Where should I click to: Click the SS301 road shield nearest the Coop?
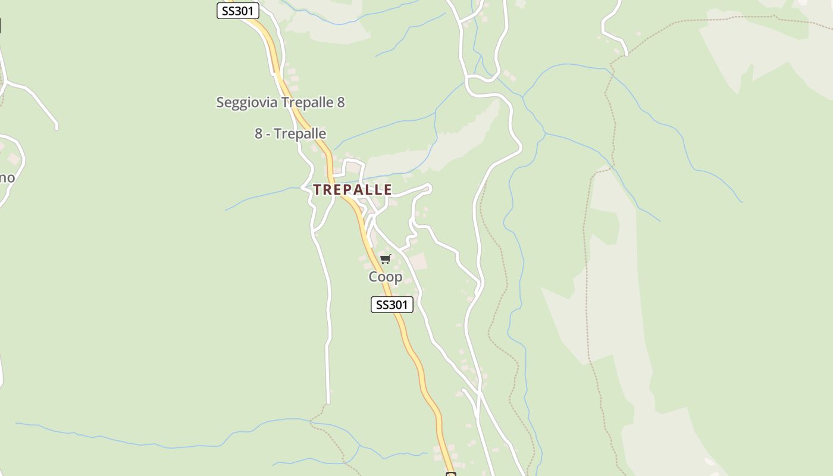point(392,305)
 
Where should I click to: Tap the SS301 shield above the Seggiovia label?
point(237,11)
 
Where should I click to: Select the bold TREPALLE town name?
point(352,190)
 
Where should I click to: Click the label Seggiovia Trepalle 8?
point(280,102)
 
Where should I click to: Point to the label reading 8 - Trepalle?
point(290,133)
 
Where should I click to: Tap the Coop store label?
point(386,277)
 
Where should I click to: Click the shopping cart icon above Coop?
point(385,259)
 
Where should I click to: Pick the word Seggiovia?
point(247,102)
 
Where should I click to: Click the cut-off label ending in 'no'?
point(7,177)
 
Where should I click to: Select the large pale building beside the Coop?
point(418,261)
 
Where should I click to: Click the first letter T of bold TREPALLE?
point(317,190)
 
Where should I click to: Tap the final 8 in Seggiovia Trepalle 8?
point(340,102)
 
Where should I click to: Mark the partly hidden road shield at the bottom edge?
point(450,474)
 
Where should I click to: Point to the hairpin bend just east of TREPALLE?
point(429,189)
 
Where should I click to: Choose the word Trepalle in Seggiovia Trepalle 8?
point(307,102)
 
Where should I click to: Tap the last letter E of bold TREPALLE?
point(388,190)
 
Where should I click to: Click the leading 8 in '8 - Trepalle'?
point(258,133)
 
